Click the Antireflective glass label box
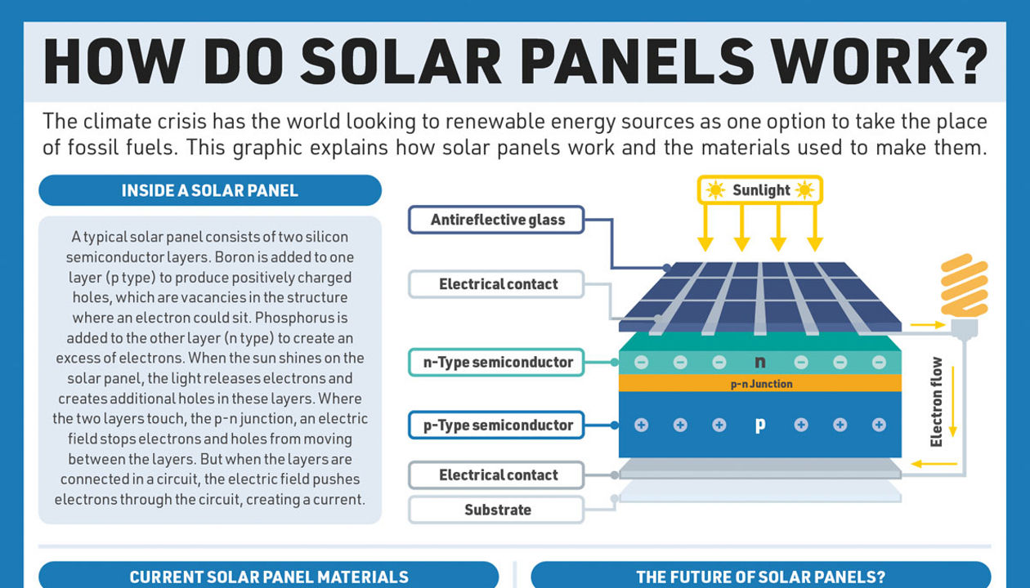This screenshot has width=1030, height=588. pyautogui.click(x=497, y=220)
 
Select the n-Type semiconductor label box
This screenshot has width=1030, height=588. pyautogui.click(x=497, y=363)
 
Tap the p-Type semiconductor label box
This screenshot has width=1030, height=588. pyautogui.click(x=497, y=425)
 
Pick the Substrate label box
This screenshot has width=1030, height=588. pyautogui.click(x=497, y=510)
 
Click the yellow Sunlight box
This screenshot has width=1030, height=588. pyautogui.click(x=760, y=189)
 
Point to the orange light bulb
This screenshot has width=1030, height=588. pyautogui.click(x=965, y=294)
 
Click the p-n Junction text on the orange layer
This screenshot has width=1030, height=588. pyautogui.click(x=762, y=384)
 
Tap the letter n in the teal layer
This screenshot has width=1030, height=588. pyautogui.click(x=760, y=363)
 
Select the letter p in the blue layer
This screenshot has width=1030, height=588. pyautogui.click(x=760, y=425)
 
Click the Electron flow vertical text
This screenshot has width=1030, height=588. pyautogui.click(x=936, y=402)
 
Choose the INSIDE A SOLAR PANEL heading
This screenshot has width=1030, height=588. pyautogui.click(x=210, y=190)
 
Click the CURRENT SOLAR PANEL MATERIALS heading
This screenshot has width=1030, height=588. pyautogui.click(x=269, y=577)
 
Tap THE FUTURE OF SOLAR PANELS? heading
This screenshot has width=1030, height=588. pyautogui.click(x=761, y=577)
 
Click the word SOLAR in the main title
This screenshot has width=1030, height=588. pyautogui.click(x=401, y=61)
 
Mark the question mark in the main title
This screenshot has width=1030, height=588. pyautogui.click(x=969, y=61)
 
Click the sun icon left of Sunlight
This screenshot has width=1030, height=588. pyautogui.click(x=715, y=189)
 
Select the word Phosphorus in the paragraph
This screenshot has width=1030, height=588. pyautogui.click(x=295, y=318)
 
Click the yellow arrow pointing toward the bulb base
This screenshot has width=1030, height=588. pyautogui.click(x=928, y=325)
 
